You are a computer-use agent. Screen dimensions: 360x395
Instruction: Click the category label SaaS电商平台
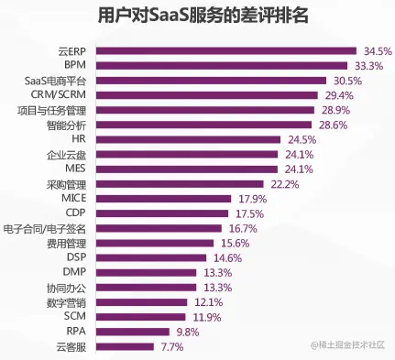(55, 81)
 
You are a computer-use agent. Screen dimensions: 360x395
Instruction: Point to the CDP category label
(75, 213)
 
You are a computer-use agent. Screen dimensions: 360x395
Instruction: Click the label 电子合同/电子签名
(45, 228)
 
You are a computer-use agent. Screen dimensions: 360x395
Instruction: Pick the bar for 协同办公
(146, 287)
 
